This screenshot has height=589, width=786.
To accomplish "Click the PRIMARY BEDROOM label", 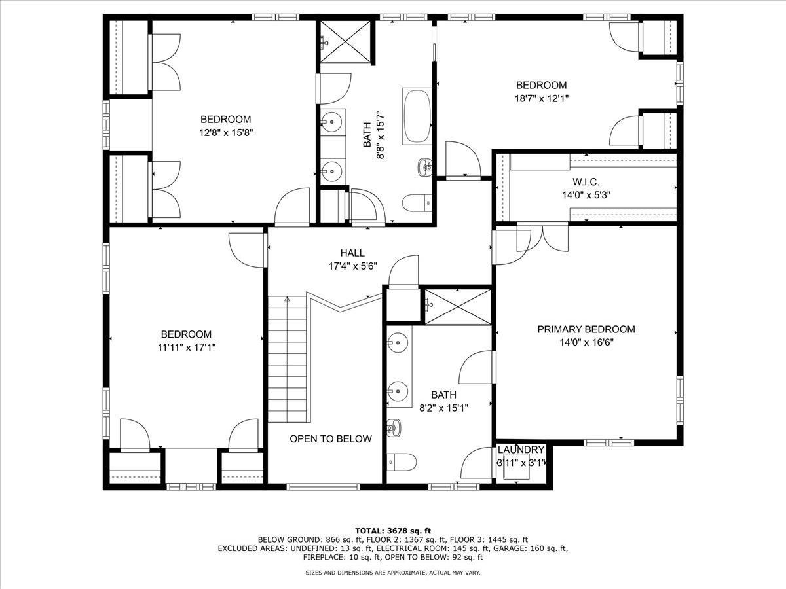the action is click(x=586, y=329).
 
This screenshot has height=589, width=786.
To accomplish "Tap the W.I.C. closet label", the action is click(x=586, y=182).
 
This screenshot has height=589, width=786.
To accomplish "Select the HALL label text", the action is click(x=352, y=253).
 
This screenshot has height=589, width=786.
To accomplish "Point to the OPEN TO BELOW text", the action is click(x=331, y=438).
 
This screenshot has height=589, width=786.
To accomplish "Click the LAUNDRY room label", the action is click(x=521, y=450).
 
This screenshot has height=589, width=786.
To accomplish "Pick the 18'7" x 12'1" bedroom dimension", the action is click(x=542, y=98).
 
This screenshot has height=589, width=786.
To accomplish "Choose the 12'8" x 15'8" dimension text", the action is click(x=227, y=133).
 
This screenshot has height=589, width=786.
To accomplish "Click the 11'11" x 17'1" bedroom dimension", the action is click(x=187, y=348).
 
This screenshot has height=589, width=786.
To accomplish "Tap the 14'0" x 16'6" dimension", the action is click(x=587, y=342).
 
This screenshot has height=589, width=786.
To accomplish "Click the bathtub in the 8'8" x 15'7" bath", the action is click(x=417, y=116).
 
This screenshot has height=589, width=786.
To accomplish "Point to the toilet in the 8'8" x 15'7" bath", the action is click(x=417, y=203).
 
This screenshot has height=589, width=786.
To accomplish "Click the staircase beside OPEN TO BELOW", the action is click(x=287, y=359).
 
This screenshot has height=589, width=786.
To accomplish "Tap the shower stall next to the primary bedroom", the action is click(x=458, y=307).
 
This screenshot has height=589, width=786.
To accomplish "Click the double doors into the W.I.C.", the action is click(x=542, y=237).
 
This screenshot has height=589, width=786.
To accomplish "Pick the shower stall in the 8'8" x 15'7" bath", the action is click(x=345, y=41).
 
